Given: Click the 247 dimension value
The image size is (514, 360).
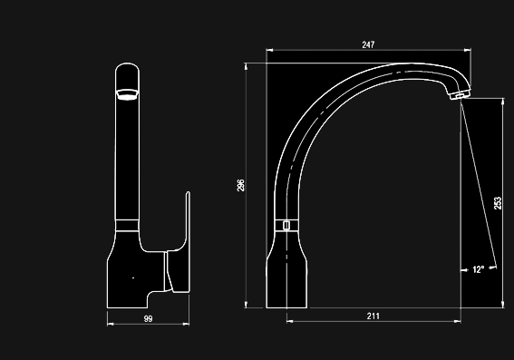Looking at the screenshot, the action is click(x=368, y=44).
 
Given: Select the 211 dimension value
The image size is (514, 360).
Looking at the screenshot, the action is click(x=373, y=316).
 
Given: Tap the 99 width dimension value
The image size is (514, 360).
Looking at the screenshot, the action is click(x=148, y=318).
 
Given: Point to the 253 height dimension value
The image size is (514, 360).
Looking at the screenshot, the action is click(x=498, y=203).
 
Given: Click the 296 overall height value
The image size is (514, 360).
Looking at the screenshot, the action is click(x=240, y=185).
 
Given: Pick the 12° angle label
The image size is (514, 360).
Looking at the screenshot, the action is click(x=479, y=270).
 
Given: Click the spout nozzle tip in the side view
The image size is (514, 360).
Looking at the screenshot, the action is click(x=460, y=95).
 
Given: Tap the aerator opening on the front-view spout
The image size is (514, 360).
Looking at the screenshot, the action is click(x=127, y=94).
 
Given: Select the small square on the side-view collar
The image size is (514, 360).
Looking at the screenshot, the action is click(x=286, y=225).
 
